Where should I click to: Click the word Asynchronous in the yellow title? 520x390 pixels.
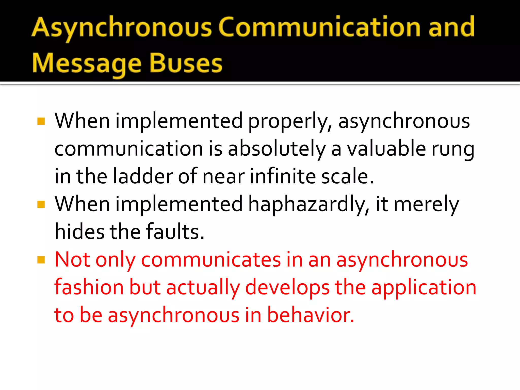122,27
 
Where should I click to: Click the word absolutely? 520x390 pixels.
277,149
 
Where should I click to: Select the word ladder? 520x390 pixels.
143,176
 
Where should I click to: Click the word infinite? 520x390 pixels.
283,176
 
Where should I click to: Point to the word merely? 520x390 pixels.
426,204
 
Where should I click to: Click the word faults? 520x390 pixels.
175,232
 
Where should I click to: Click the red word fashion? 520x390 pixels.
89,287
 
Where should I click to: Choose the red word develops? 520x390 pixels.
287,288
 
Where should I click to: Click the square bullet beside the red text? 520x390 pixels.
41,260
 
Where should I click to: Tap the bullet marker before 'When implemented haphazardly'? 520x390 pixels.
41,204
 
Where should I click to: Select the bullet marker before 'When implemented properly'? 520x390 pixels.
41,121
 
